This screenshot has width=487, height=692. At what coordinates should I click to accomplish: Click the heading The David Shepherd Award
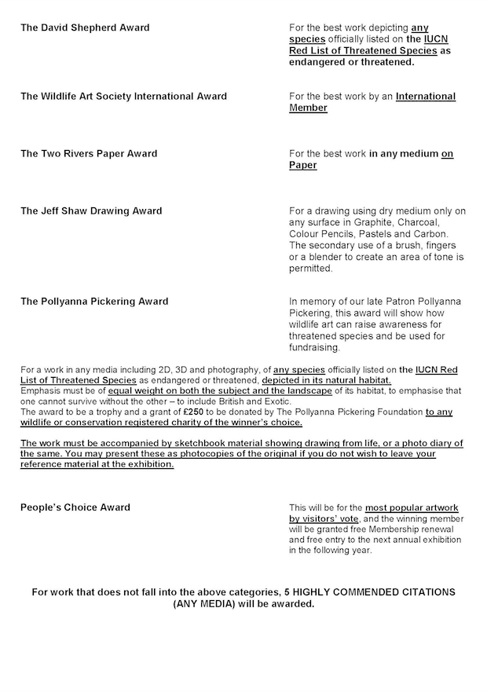click(x=85, y=27)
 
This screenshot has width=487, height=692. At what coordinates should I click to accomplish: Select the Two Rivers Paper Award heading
click(x=89, y=154)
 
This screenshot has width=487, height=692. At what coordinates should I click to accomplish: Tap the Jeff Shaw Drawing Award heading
click(x=91, y=211)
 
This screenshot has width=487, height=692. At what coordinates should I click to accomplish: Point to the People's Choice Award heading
click(x=75, y=507)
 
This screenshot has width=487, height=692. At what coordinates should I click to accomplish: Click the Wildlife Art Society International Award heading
click(x=123, y=97)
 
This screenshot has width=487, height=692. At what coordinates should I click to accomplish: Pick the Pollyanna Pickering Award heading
click(x=94, y=302)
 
